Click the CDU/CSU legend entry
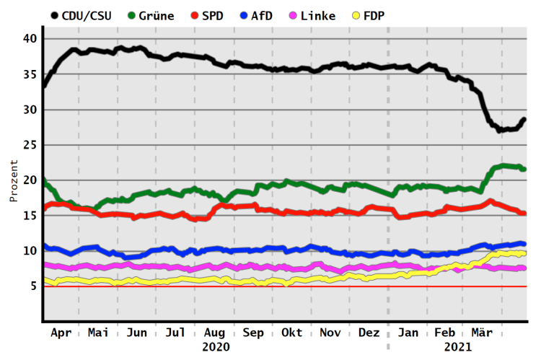click(x=81, y=15)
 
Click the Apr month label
click(x=62, y=333)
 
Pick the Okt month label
click(x=292, y=333)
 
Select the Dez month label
click(x=369, y=333)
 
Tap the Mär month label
click(x=482, y=333)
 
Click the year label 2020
click(x=216, y=347)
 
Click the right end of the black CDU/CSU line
click(x=524, y=119)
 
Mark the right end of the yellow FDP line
click(x=524, y=253)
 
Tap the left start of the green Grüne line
click(x=45, y=180)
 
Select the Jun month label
click(x=137, y=333)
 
